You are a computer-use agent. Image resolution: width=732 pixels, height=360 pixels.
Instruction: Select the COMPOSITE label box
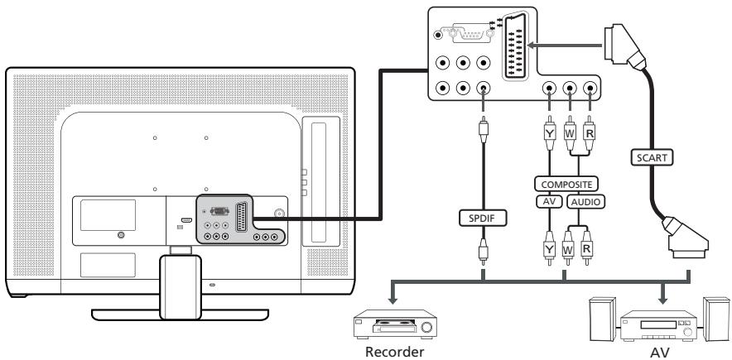[567, 185]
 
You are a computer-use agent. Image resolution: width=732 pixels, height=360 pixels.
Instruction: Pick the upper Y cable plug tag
[547, 129]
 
